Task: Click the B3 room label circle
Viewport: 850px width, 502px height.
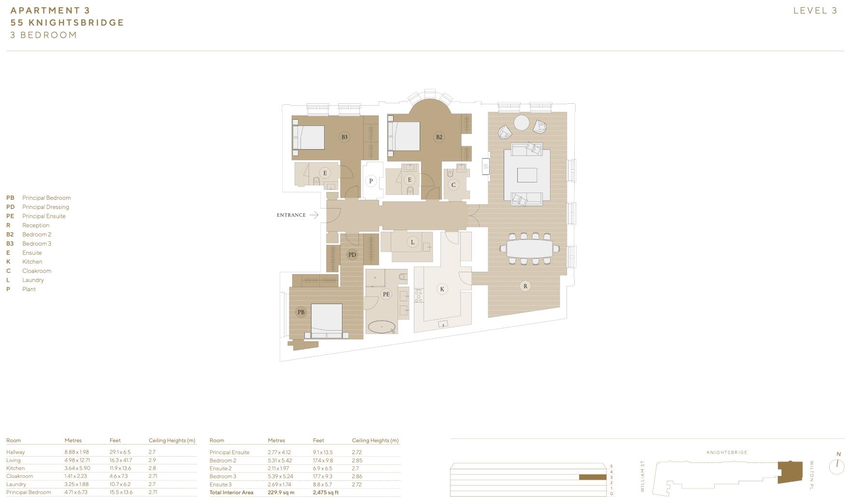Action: (344, 137)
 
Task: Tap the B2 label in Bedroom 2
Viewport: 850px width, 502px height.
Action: (439, 137)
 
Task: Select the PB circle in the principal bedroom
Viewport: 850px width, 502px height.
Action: (301, 312)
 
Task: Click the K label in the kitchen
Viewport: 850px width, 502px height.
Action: (441, 289)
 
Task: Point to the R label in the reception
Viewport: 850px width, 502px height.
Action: (525, 286)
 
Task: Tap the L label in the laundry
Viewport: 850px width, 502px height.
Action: (412, 242)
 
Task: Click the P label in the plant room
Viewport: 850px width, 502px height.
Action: (371, 181)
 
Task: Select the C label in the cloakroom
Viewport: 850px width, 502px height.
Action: (453, 184)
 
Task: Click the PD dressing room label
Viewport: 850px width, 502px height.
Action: (352, 255)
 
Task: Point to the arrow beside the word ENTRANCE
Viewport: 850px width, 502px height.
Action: (313, 215)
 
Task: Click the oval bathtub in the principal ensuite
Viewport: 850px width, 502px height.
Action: (382, 327)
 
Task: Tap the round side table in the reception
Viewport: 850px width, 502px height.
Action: (522, 123)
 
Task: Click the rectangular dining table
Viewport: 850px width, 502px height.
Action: (530, 249)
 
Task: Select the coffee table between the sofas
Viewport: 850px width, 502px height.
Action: (527, 175)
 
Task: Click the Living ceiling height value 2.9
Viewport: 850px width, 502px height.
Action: (152, 460)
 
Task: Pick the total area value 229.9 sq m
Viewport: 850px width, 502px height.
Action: (281, 493)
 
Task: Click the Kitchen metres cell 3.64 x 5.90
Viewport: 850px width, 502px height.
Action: (77, 468)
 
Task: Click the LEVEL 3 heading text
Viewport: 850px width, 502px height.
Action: (815, 11)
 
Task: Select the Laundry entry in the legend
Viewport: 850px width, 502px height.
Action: (33, 280)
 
